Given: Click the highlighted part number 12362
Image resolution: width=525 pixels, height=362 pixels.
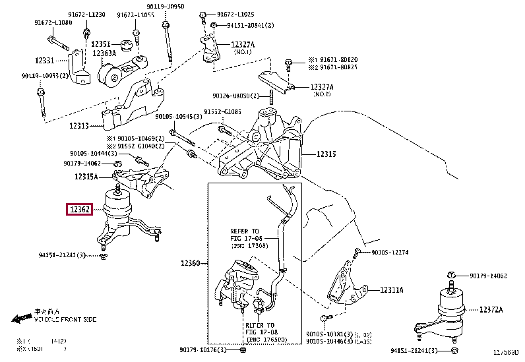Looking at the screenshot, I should [x=80, y=210].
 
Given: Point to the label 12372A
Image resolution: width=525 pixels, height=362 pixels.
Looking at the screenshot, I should [x=491, y=309].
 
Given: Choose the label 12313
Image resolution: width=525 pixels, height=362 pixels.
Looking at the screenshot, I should [x=80, y=125].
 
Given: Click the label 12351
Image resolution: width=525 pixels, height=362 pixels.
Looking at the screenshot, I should [x=101, y=44].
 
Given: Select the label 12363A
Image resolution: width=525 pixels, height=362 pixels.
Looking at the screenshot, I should [x=104, y=53].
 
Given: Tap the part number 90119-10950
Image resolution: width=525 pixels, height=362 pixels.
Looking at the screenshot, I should [x=166, y=6].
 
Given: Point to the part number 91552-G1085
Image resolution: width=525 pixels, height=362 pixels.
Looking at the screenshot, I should [x=222, y=112].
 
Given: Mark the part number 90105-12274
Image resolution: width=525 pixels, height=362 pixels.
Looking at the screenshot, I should [x=390, y=253].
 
